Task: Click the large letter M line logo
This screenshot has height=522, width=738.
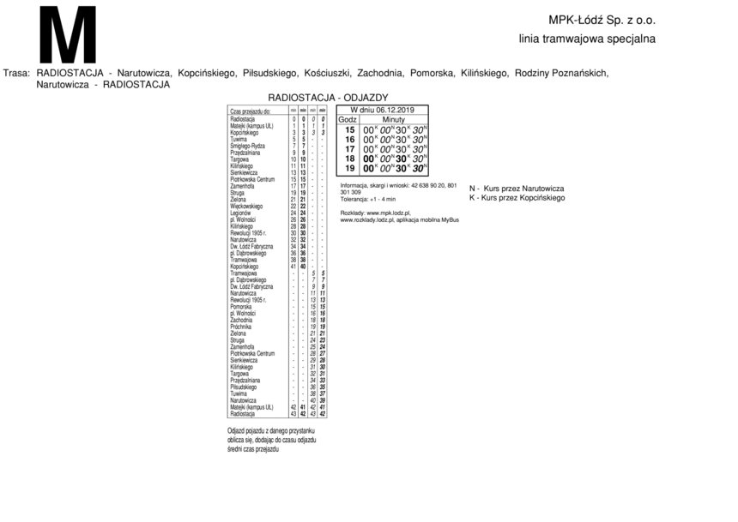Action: (68, 35)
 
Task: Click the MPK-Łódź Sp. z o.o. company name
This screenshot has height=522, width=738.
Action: (602, 20)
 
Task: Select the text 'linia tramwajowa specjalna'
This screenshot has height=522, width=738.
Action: (587, 39)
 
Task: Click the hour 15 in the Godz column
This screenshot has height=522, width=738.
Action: (349, 129)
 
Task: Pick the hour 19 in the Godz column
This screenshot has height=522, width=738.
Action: (349, 168)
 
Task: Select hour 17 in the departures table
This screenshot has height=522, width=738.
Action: (349, 149)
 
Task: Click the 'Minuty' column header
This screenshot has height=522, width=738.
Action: (393, 119)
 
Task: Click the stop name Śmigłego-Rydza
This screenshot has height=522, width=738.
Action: (246, 147)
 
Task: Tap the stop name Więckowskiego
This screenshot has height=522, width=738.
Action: (246, 207)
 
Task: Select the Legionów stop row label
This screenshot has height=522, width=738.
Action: (241, 213)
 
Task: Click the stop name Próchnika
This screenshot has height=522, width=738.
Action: (241, 327)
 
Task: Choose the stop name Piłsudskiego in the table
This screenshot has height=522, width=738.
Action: (245, 387)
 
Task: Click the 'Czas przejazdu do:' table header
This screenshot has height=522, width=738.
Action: (251, 111)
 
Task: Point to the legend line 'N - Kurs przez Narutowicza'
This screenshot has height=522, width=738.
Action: (516, 188)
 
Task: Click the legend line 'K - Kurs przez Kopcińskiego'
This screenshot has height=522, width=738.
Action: (517, 197)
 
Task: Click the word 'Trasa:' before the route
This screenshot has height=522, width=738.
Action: (17, 74)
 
